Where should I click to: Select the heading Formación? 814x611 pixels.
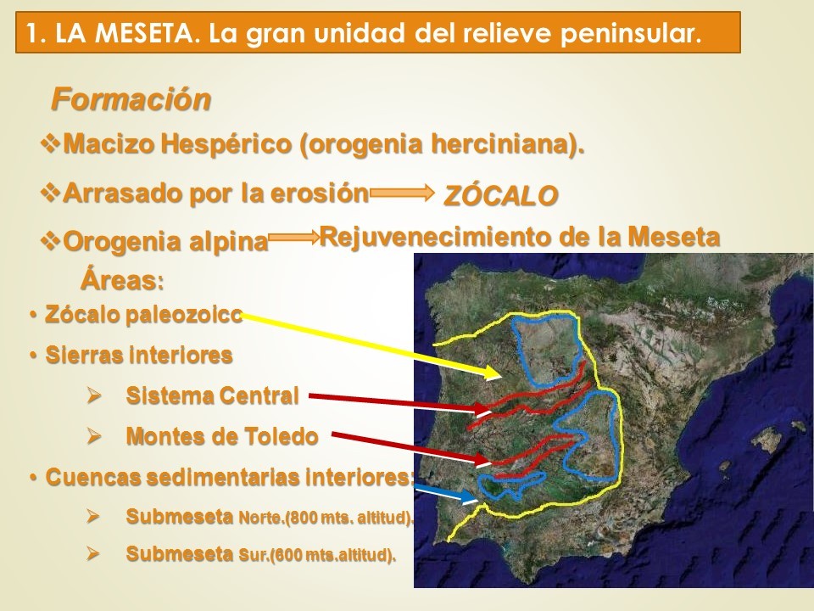pos(131,98)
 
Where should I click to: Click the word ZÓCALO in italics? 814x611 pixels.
pos(500,196)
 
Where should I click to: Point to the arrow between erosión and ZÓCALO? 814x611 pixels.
pos(402,193)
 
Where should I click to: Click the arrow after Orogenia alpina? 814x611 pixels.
pos(294,238)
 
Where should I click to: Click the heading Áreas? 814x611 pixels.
pos(122,281)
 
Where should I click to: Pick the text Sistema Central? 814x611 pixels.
pos(212,396)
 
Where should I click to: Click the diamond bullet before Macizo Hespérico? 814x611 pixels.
pos(50,143)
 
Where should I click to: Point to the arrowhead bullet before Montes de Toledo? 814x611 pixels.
pos(93,436)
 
